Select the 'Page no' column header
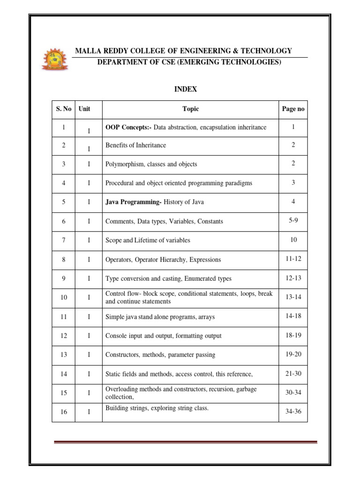tap(293, 109)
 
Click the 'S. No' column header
tap(64, 109)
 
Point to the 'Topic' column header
tap(191, 109)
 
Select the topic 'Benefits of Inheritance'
tap(136, 145)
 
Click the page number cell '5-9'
tap(293, 220)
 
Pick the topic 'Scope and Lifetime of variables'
tap(148, 240)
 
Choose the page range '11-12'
tap(293, 258)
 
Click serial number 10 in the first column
tap(64, 297)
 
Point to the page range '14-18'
tap(293, 316)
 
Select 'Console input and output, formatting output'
tap(164, 336)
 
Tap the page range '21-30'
tap(293, 373)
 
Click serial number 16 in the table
tap(64, 412)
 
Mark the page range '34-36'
tap(293, 412)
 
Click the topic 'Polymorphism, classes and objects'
tap(151, 164)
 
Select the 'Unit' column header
tap(84, 109)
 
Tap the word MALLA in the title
tap(89, 51)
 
